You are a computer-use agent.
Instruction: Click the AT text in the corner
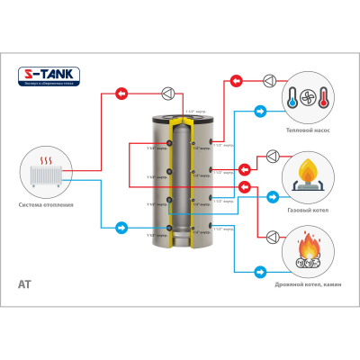[25, 284]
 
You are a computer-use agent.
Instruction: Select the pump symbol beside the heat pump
[268, 80]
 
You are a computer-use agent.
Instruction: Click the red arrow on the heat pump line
[236, 80]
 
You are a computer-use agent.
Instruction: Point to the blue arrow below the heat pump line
[260, 112]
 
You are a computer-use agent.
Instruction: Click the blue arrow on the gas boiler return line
[270, 195]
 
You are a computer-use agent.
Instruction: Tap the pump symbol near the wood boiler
[267, 237]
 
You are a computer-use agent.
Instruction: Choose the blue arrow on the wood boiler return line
[261, 270]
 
